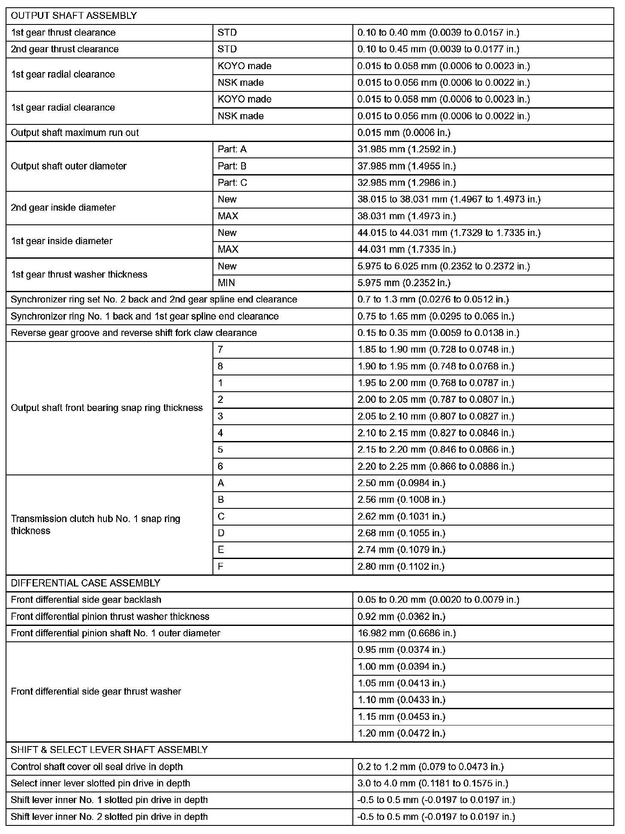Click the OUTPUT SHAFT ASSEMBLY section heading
(x=74, y=16)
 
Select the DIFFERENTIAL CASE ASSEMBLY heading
(x=85, y=583)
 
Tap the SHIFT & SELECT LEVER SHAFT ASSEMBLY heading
(x=109, y=749)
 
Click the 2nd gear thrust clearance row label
(x=65, y=49)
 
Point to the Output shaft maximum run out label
(x=75, y=133)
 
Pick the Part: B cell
(x=232, y=166)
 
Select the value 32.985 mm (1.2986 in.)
(x=407, y=183)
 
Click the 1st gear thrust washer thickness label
(x=79, y=275)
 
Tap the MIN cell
(x=226, y=283)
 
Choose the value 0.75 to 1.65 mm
(x=436, y=316)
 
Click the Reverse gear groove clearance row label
(x=134, y=333)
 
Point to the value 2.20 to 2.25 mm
(x=436, y=466)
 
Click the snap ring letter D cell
(x=221, y=533)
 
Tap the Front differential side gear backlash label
(x=86, y=600)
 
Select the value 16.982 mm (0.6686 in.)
(x=407, y=633)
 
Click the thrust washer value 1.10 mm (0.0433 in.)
(x=401, y=700)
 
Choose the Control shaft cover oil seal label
(x=97, y=767)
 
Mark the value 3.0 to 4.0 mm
(x=433, y=783)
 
